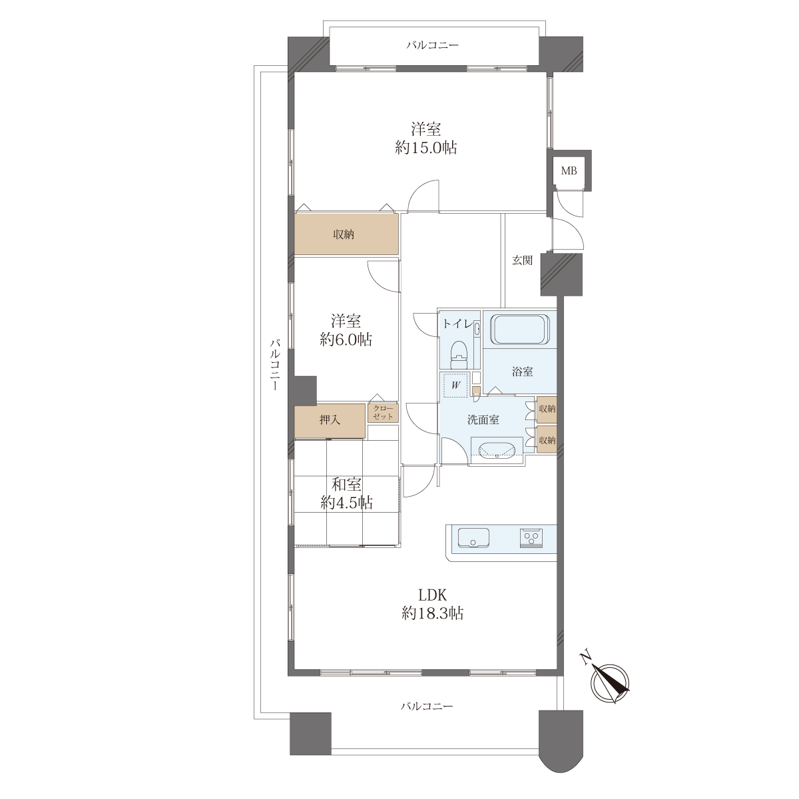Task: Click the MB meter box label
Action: pyautogui.click(x=569, y=170)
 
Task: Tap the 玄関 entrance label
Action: pyautogui.click(x=522, y=260)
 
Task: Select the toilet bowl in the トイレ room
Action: pyautogui.click(x=459, y=355)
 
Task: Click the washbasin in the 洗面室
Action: pyautogui.click(x=497, y=450)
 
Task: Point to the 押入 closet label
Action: pyautogui.click(x=330, y=420)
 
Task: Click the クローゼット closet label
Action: pyautogui.click(x=383, y=413)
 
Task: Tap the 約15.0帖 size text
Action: pyautogui.click(x=426, y=148)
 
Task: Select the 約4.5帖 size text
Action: pyautogui.click(x=346, y=503)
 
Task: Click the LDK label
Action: pyautogui.click(x=432, y=596)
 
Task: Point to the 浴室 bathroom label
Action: pyautogui.click(x=522, y=372)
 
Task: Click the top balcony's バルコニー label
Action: pyautogui.click(x=432, y=45)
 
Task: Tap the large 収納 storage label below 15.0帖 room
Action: pyautogui.click(x=344, y=234)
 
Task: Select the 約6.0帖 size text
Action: pyautogui.click(x=346, y=340)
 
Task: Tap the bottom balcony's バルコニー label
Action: pyautogui.click(x=427, y=706)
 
